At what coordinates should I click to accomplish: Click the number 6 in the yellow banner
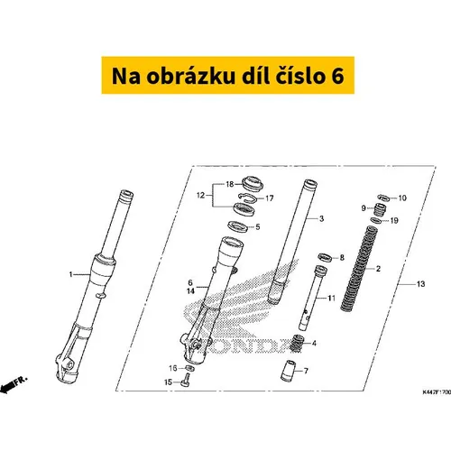[337, 77]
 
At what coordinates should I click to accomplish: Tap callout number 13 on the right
[420, 284]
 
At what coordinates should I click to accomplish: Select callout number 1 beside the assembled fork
[70, 274]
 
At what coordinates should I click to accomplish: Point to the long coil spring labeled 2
[359, 270]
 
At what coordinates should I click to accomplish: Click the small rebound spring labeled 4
[296, 344]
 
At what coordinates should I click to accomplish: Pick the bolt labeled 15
[186, 380]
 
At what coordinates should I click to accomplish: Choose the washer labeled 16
[189, 368]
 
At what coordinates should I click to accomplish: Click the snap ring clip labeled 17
[248, 198]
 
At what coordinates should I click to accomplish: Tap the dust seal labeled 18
[253, 183]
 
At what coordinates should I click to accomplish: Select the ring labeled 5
[237, 226]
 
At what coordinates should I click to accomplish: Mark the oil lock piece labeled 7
[288, 371]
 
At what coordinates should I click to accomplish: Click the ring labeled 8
[325, 257]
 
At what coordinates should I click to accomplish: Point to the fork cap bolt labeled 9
[381, 209]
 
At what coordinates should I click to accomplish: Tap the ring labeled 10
[383, 198]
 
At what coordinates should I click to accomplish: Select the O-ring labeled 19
[376, 221]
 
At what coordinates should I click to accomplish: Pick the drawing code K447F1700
[437, 392]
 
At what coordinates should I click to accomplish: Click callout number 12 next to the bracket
[200, 196]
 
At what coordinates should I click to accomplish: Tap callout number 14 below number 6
[190, 291]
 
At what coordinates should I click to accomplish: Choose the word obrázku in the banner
[190, 77]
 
